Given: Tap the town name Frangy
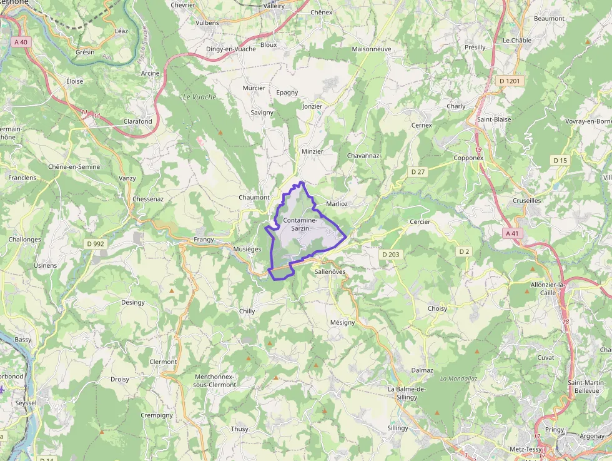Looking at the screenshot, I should click(x=204, y=239).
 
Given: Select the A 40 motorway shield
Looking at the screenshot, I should click(x=21, y=42).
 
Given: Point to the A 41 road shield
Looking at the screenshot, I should click(x=512, y=233).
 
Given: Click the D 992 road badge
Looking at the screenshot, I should click(x=95, y=243).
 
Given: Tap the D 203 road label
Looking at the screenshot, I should click(x=390, y=254).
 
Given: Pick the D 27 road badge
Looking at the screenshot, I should click(x=418, y=171).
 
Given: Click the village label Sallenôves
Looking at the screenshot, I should click(x=330, y=272).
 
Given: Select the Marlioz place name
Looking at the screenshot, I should click(x=337, y=204).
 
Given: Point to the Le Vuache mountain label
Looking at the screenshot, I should click(x=199, y=97).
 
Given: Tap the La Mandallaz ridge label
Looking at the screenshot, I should click(x=459, y=378).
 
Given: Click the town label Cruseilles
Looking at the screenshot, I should click(x=527, y=201).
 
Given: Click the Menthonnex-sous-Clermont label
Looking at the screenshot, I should click(x=215, y=380).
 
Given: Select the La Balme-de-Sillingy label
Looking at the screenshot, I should click(x=407, y=393).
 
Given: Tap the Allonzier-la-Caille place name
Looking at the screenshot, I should click(x=547, y=288).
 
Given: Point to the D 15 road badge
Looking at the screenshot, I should click(x=560, y=161).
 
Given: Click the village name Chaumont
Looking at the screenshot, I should click(x=254, y=198).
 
